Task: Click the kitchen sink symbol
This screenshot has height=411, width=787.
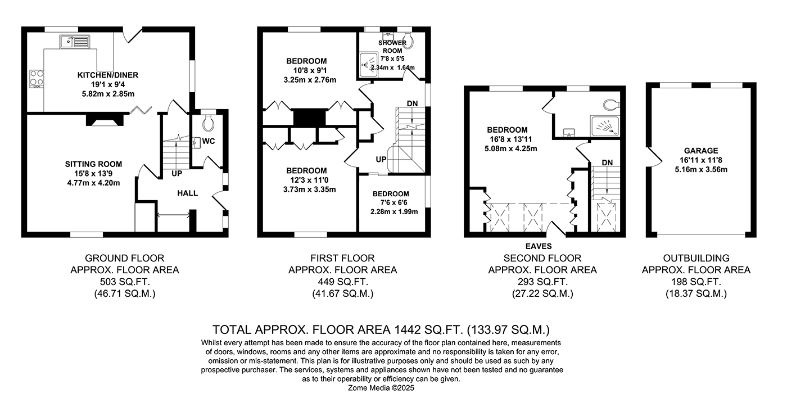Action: pos(75,42)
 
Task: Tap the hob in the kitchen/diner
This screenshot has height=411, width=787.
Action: pos(37,79)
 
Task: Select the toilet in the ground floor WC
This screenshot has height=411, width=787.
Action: pos(209,122)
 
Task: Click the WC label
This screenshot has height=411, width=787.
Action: pos(209,141)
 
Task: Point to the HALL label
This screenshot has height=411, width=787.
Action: pos(187,193)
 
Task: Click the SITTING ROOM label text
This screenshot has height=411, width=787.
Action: pos(93,164)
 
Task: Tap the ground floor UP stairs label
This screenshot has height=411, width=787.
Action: pos(177,174)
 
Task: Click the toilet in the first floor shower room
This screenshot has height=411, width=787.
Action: pos(408,40)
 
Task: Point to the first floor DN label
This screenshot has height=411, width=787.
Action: pos(412,103)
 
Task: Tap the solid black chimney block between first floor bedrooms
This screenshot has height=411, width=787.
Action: pos(309,118)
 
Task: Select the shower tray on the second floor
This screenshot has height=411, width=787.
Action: pos(604,126)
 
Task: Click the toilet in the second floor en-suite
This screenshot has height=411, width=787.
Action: pos(612,105)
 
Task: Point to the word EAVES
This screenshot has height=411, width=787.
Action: pos(539,246)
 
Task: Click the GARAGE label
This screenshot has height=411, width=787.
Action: pos(701,151)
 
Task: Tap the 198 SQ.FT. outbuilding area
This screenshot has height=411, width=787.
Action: pos(696,282)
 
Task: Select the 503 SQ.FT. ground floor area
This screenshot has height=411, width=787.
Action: pos(125,282)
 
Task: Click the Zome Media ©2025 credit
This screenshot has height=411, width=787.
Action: pos(381,388)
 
